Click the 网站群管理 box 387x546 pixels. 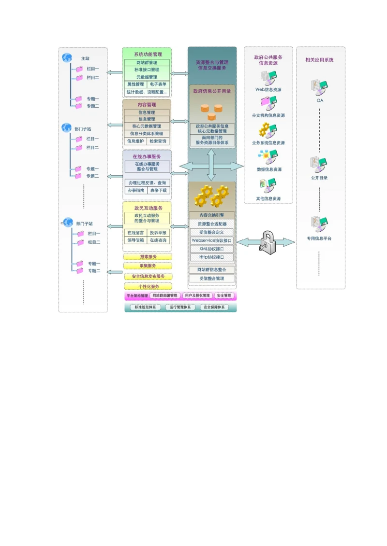tap(147, 63)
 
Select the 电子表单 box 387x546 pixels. tap(158, 84)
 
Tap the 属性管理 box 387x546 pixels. tap(135, 84)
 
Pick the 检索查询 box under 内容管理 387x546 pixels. tap(158, 141)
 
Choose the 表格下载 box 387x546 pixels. tap(158, 191)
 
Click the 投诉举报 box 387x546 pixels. tap(158, 233)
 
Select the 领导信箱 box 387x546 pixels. tap(135, 240)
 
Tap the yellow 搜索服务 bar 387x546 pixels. tap(148, 257)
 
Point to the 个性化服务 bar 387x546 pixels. tap(148, 286)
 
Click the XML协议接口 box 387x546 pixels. tap(211, 249)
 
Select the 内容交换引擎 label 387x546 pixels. tap(211, 215)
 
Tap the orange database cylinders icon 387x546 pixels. tap(211, 112)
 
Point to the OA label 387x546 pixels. tap(320, 100)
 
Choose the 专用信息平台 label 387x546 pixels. tap(319, 238)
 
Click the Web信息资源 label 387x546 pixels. tap(268, 89)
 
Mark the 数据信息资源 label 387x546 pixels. tap(268, 169)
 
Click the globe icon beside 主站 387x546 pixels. tap(67, 58)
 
